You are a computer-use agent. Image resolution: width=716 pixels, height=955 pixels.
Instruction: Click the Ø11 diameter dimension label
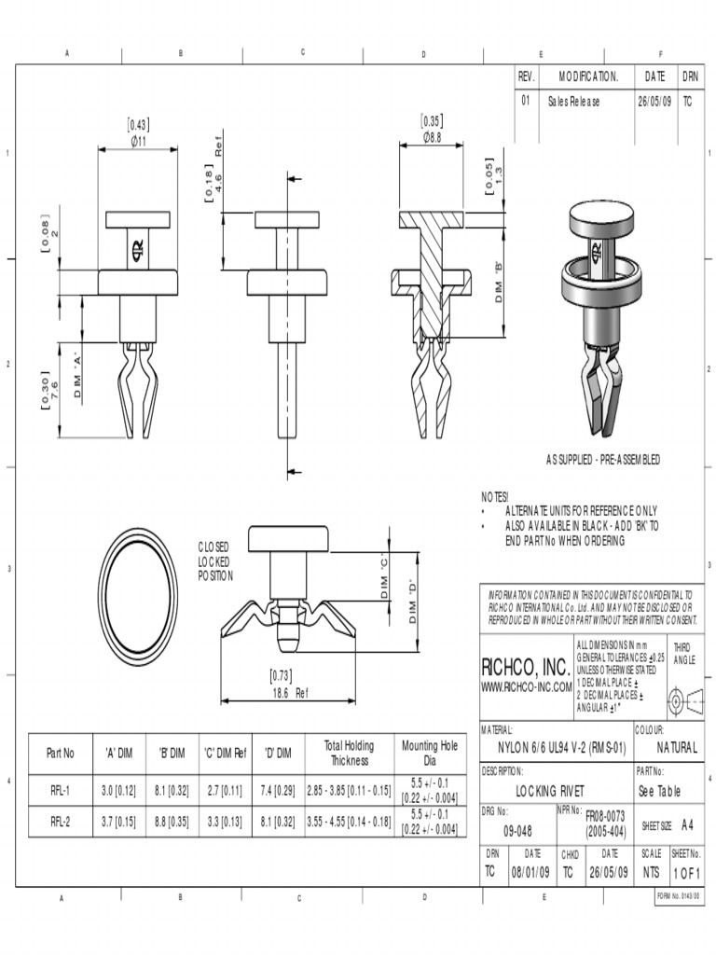(138, 141)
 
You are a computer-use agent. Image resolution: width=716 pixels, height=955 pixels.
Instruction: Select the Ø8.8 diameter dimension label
(431, 136)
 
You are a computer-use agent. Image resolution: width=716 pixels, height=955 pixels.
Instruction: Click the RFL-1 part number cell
(62, 791)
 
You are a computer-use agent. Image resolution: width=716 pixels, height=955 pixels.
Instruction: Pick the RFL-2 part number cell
(62, 822)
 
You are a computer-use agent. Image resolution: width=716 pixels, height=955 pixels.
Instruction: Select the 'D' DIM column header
(277, 753)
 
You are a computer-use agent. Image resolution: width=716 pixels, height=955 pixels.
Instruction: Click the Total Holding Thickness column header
(348, 753)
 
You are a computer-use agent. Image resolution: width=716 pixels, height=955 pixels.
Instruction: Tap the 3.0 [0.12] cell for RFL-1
(118, 791)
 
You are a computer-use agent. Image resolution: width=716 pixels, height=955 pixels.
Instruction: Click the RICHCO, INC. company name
(524, 668)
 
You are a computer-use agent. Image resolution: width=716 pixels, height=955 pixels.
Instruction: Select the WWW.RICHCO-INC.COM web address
(526, 687)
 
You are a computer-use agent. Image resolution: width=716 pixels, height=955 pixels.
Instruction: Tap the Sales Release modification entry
(574, 101)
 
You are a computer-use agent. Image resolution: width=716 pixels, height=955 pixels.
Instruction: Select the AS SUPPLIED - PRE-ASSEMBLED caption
(603, 460)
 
